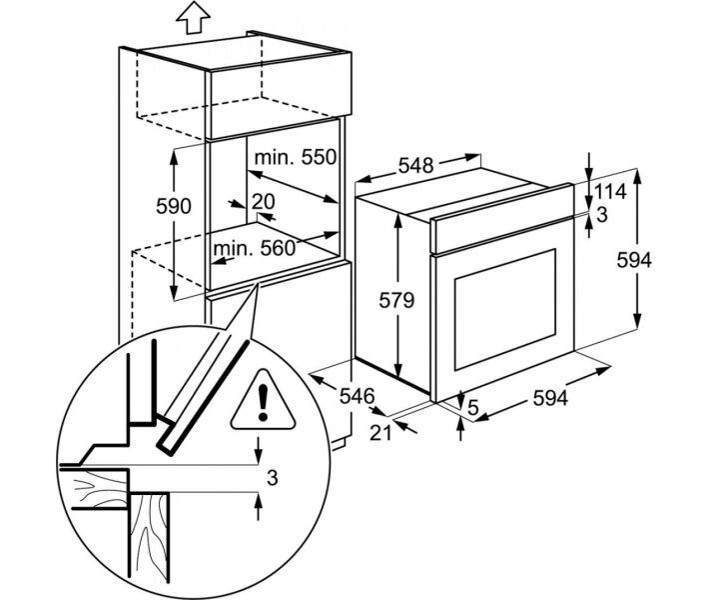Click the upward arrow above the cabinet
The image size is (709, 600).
(x=193, y=17)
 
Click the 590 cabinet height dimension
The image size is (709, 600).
(x=174, y=206)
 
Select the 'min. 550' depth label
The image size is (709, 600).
(x=296, y=158)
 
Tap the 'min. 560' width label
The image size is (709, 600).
(x=254, y=248)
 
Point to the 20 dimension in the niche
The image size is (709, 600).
(x=264, y=202)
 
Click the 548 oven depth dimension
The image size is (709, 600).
(x=415, y=165)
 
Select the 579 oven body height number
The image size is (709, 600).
(x=396, y=300)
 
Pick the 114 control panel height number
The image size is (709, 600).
(x=610, y=192)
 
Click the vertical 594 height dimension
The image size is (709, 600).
(x=634, y=260)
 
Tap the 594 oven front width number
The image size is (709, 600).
(x=550, y=398)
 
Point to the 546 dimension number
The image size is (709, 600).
(x=357, y=396)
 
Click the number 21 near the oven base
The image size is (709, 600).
(x=380, y=433)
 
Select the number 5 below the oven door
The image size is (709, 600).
(x=473, y=408)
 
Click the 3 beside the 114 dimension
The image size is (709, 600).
(x=602, y=216)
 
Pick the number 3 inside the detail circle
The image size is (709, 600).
(x=272, y=478)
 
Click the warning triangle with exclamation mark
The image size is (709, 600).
(x=263, y=400)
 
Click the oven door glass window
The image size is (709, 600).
(x=505, y=309)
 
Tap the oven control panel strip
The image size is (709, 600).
(x=502, y=218)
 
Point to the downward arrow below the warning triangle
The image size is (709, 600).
(x=259, y=450)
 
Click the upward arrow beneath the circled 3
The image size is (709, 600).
(x=259, y=507)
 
